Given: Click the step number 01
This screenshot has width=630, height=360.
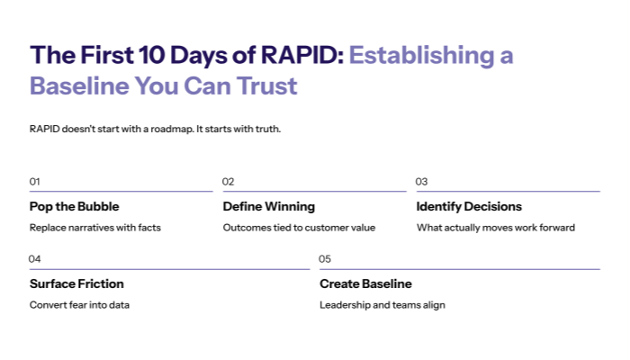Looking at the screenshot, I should pyautogui.click(x=35, y=182).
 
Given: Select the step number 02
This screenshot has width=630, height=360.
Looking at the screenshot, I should pyautogui.click(x=229, y=182).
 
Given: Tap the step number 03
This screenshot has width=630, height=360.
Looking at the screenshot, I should pyautogui.click(x=421, y=182).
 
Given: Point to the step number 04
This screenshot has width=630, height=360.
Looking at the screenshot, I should pyautogui.click(x=35, y=259).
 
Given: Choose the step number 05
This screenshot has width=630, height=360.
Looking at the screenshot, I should pyautogui.click(x=326, y=259).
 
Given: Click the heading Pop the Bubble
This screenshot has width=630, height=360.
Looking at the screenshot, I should pyautogui.click(x=74, y=206).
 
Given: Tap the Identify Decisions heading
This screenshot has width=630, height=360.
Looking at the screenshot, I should pyautogui.click(x=469, y=206).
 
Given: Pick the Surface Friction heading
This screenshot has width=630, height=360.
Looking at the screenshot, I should pyautogui.click(x=76, y=283).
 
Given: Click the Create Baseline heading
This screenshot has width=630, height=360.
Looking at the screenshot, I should pyautogui.click(x=365, y=283).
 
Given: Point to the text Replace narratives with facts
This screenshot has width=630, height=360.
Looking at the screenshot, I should pyautogui.click(x=95, y=228).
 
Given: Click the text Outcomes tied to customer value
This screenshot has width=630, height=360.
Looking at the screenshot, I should pyautogui.click(x=299, y=228).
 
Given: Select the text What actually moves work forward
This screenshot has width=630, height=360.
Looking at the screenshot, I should pyautogui.click(x=495, y=228).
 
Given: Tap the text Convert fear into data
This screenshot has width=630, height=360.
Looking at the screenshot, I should pyautogui.click(x=79, y=305).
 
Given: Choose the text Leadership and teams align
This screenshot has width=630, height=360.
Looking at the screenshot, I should pyautogui.click(x=382, y=305).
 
